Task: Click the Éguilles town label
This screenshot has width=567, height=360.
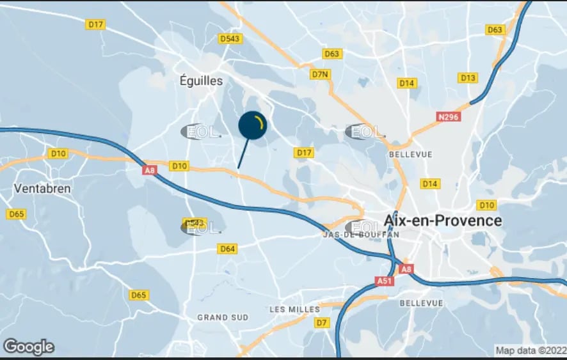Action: [201, 81]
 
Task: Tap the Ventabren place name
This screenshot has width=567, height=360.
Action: [42, 189]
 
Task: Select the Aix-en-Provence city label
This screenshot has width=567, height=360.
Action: [443, 221]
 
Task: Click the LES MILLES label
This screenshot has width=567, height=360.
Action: [294, 309]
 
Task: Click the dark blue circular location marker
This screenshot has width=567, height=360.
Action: [252, 125]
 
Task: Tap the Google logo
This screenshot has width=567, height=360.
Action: [29, 347]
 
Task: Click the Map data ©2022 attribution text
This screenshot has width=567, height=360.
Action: [531, 350]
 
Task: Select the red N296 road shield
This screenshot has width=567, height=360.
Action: [449, 117]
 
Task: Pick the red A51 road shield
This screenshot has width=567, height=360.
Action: [384, 281]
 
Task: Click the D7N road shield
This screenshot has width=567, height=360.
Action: [320, 74]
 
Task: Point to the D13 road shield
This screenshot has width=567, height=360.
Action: [468, 78]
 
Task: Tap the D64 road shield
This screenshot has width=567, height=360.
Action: [227, 249]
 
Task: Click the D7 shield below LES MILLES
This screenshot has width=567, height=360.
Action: [321, 323]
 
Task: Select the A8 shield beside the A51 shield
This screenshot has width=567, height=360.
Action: [406, 269]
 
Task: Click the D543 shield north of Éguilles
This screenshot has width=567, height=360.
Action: [230, 39]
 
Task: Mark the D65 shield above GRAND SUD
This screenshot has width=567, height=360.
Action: [138, 295]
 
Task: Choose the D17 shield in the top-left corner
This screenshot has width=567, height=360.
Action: [95, 24]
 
